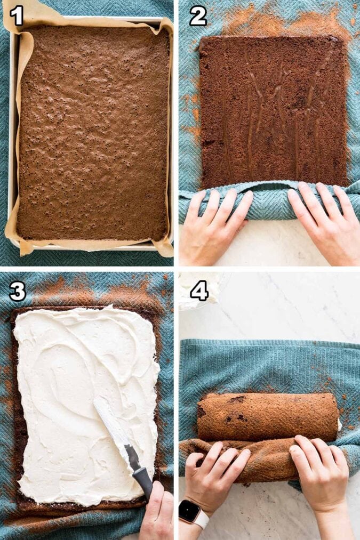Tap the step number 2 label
coord(197,16)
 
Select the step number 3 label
coord(17,291)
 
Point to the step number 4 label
coord(199,291)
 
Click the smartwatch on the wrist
coord(189,511)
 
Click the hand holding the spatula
coord(157,514)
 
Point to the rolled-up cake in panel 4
coord(267,416)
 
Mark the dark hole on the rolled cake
coord(237,399)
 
